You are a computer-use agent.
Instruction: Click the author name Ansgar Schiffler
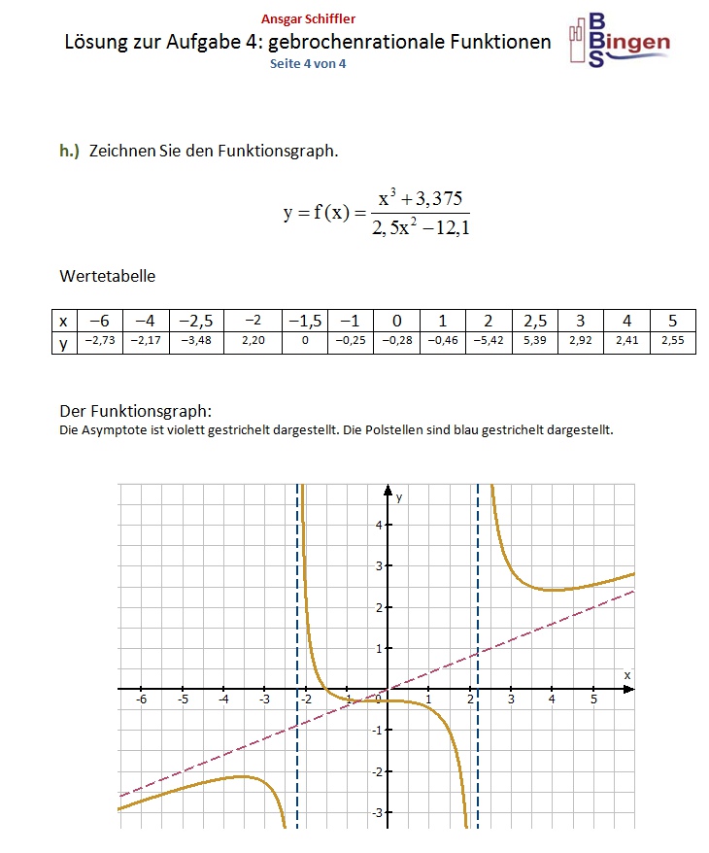pos(308,19)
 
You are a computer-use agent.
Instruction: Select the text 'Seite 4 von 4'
pos(308,63)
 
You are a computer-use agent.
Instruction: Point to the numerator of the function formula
pos(420,199)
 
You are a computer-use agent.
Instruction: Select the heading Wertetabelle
pos(107,276)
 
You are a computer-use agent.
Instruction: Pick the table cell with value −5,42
pos(489,342)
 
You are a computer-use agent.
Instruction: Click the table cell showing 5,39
pos(535,342)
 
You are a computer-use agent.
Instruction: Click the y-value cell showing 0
pos(305,342)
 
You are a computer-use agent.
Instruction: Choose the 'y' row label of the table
pos(63,342)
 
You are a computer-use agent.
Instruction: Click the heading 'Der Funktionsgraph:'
pos(135,410)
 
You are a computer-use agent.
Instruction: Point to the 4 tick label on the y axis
pos(379,525)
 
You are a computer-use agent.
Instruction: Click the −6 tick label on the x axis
pos(141,699)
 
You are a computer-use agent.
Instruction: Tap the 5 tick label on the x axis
pos(592,699)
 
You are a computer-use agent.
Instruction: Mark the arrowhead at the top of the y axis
pos(387,489)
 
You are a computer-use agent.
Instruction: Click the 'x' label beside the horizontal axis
pos(626,673)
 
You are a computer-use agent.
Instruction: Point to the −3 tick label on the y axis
pos(377,811)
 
